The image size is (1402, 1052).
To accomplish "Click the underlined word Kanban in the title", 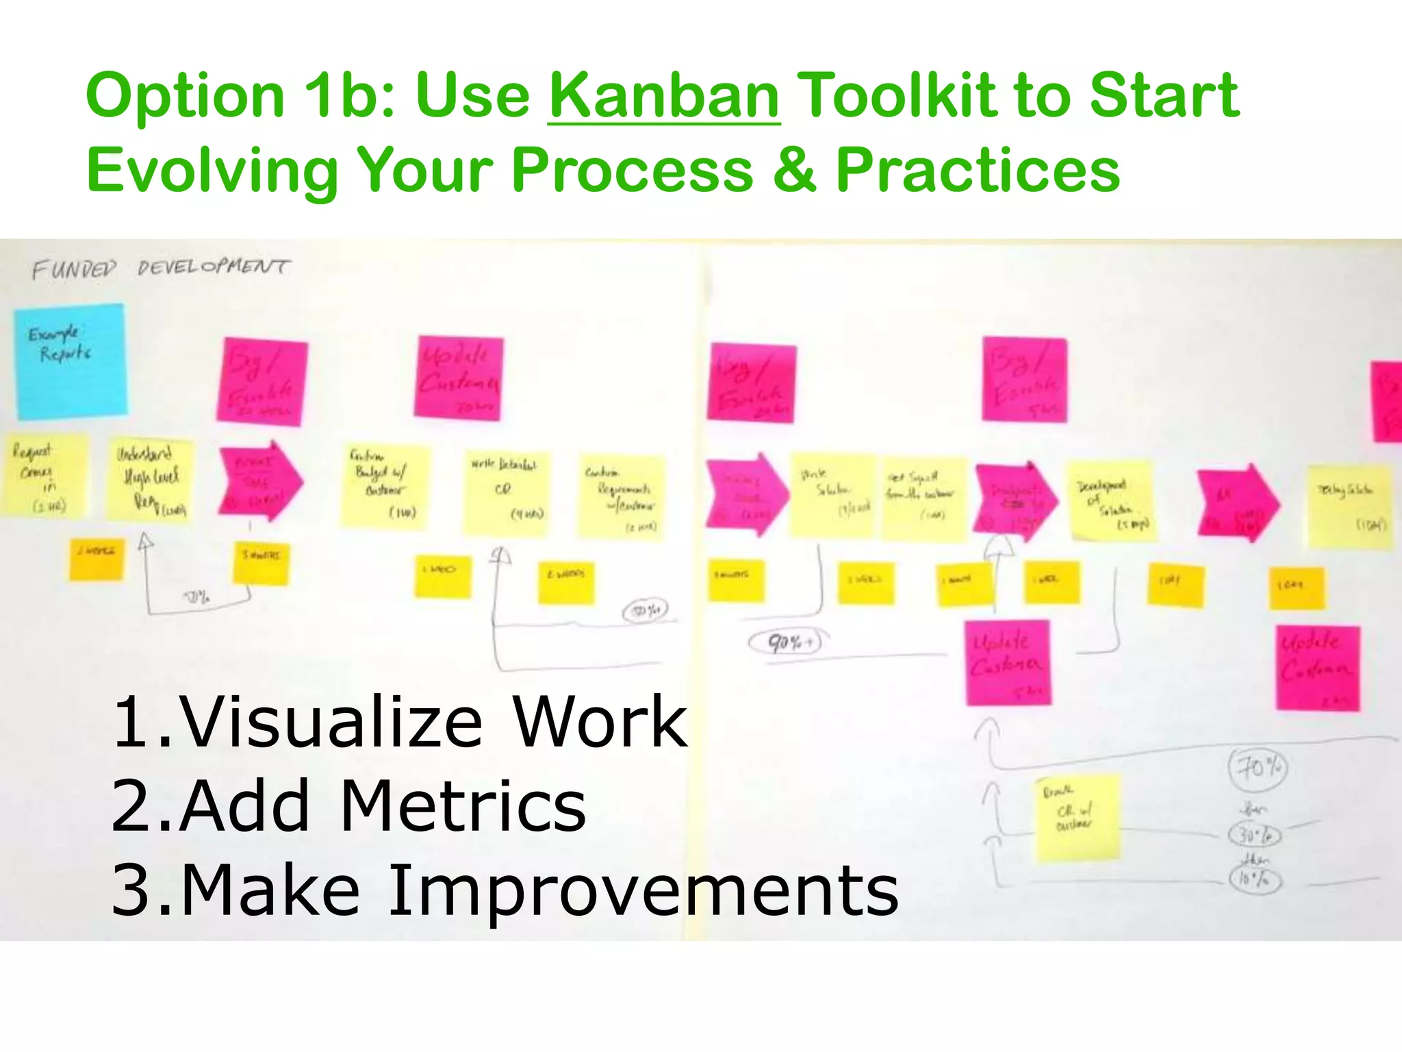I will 663,96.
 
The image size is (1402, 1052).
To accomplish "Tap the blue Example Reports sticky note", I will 71,361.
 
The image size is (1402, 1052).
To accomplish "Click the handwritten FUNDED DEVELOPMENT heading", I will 160,268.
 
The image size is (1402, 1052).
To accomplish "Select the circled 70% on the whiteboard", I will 1258,768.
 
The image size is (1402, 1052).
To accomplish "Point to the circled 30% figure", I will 1255,835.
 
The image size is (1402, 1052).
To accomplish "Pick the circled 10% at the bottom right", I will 1255,879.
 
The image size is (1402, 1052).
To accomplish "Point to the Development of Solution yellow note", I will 1112,501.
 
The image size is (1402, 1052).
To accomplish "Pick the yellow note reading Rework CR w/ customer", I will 1077,816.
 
